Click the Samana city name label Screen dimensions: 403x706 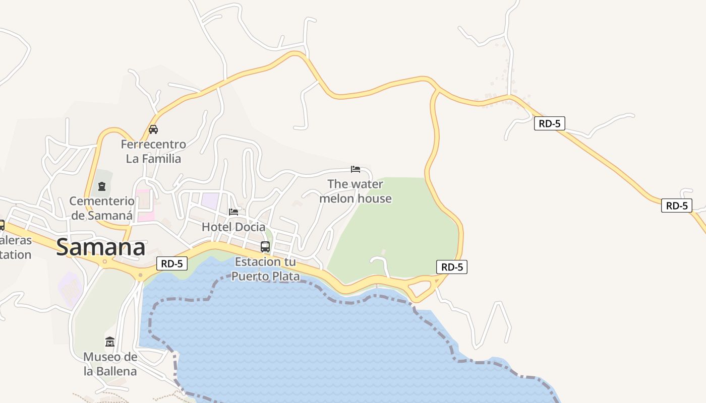click(101, 247)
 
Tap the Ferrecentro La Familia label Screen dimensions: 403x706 click(153, 152)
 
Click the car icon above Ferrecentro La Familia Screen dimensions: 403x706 click(153, 129)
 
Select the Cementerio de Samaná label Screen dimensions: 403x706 click(102, 208)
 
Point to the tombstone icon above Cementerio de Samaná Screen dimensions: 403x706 click(102, 187)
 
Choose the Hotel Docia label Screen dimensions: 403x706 click(233, 227)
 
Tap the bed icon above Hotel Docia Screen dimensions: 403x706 click(233, 212)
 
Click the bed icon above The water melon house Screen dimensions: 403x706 click(356, 169)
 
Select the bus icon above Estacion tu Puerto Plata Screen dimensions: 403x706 click(265, 247)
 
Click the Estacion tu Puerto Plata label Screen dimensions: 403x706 click(265, 269)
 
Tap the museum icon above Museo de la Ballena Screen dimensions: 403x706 click(110, 342)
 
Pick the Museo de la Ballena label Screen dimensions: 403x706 click(110, 364)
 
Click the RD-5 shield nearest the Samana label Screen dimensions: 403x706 click(172, 263)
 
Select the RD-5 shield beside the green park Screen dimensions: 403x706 click(452, 267)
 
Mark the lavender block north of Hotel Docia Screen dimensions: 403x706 click(210, 200)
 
